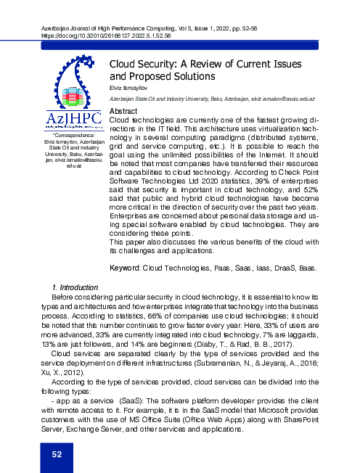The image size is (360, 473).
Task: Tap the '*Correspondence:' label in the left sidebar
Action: (x=65, y=135)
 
